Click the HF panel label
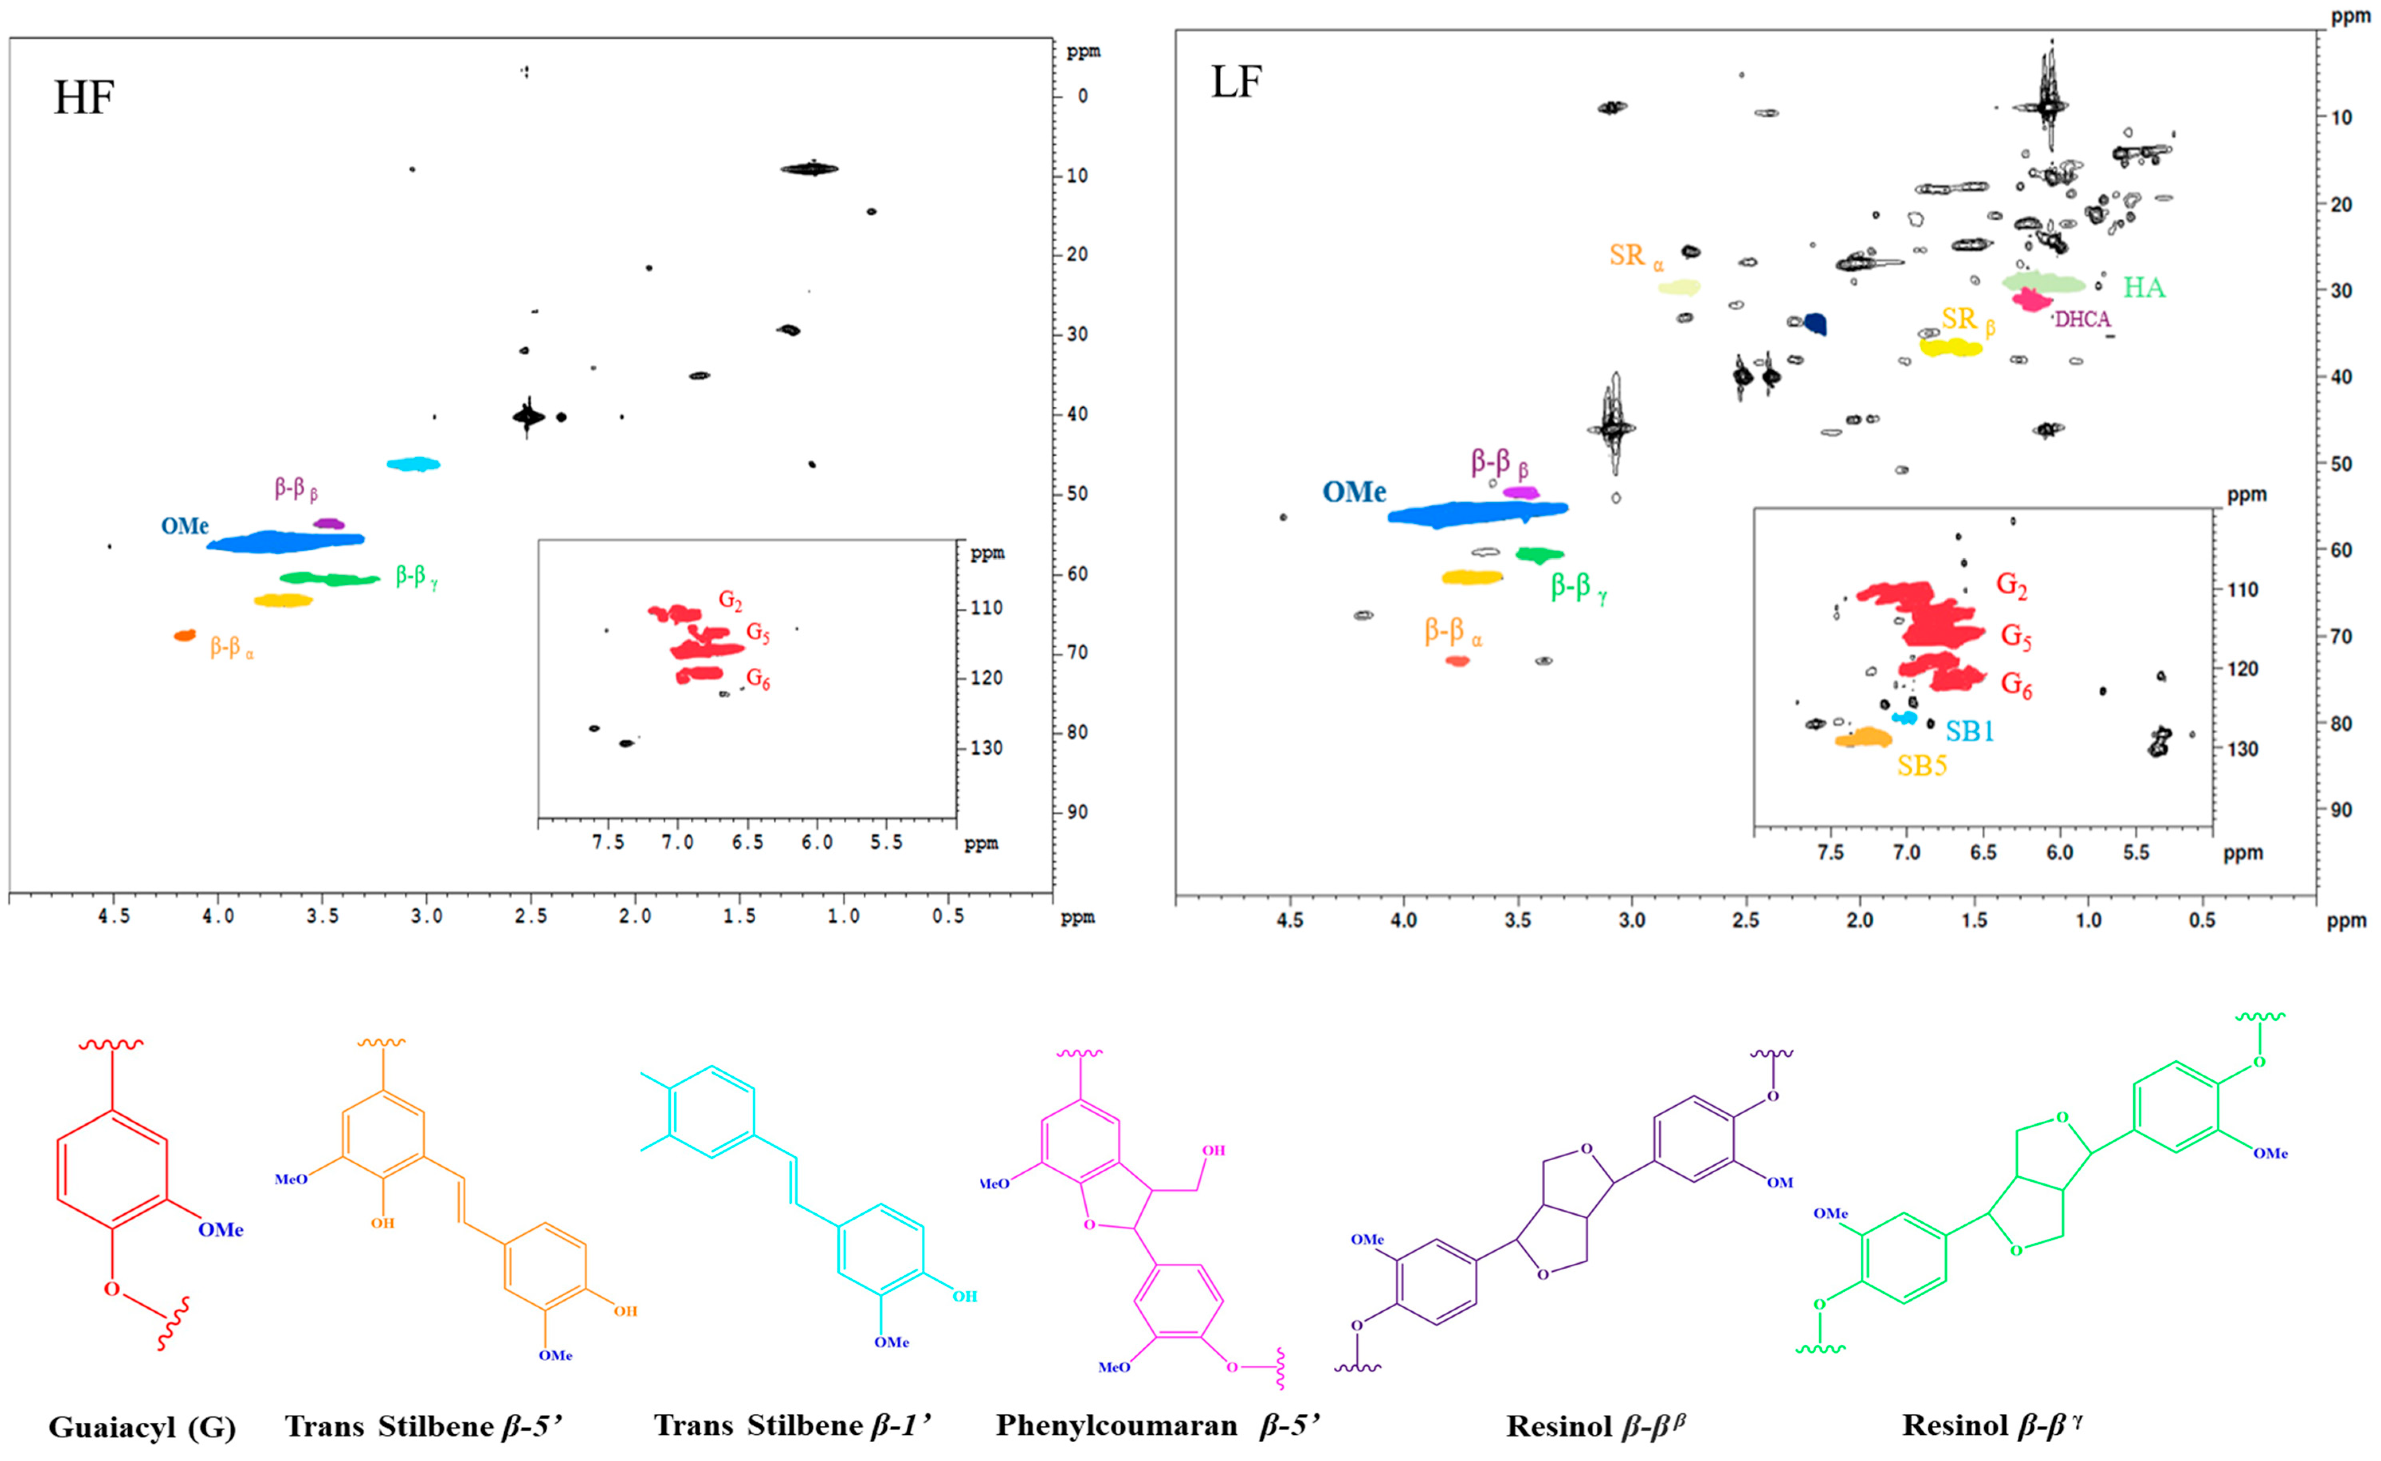[x=84, y=98]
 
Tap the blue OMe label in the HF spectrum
[x=184, y=527]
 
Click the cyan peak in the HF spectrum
[x=413, y=464]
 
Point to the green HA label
[x=2143, y=288]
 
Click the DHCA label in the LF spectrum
[x=2082, y=320]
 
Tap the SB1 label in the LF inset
[x=1969, y=731]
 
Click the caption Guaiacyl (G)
[x=142, y=1427]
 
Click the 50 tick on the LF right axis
[x=2340, y=464]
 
